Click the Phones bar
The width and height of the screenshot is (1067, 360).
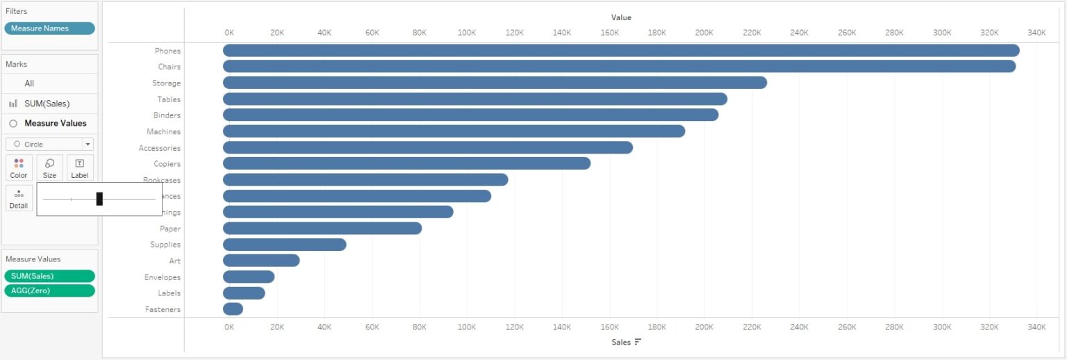click(x=621, y=51)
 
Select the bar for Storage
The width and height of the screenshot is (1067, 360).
click(x=495, y=83)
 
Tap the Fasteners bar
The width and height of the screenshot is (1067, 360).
click(x=233, y=309)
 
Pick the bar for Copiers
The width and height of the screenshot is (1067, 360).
click(x=406, y=163)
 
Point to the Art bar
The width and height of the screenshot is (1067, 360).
click(x=261, y=261)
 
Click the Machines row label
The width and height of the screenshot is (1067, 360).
click(x=163, y=131)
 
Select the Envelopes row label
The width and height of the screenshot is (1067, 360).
click(x=162, y=277)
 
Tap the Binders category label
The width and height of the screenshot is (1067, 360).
click(x=167, y=115)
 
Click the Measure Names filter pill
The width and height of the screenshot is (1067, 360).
click(x=49, y=28)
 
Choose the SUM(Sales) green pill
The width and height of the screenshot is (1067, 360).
click(x=49, y=276)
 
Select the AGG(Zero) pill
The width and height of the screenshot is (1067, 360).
click(x=49, y=291)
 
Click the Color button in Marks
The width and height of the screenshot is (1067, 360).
click(x=19, y=167)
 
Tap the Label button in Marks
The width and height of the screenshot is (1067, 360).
click(x=80, y=167)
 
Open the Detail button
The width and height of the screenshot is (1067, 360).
click(x=19, y=198)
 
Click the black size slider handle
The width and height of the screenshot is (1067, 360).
click(x=99, y=199)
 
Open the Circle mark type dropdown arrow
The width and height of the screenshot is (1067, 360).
click(x=88, y=145)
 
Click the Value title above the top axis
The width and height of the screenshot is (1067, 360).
click(x=621, y=17)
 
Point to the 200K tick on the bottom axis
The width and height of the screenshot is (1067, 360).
click(x=704, y=327)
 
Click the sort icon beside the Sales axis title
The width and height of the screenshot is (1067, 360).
click(x=638, y=342)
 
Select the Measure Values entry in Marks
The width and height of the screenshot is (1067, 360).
click(x=55, y=123)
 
